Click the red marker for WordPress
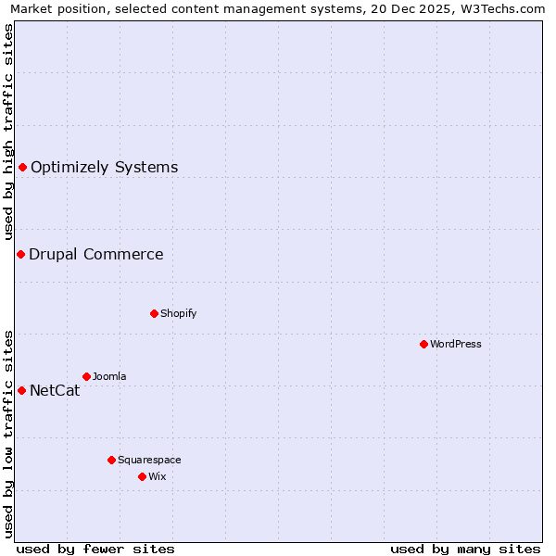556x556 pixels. (423, 344)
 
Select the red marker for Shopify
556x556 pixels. (154, 313)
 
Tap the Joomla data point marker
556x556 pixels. (86, 376)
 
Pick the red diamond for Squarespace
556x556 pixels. (111, 460)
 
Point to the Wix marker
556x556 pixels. (142, 476)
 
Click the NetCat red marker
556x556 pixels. (21, 390)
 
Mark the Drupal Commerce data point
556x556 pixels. (20, 254)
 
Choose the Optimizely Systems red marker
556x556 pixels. (22, 167)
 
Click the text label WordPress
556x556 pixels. (456, 344)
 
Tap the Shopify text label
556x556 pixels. (178, 313)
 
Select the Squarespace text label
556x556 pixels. (149, 460)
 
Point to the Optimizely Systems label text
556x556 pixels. (104, 168)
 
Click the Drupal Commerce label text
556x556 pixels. (95, 255)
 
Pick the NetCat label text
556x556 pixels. (55, 391)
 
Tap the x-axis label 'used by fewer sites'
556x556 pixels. (95, 549)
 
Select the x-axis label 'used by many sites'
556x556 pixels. (465, 549)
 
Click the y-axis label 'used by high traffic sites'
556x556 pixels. (9, 132)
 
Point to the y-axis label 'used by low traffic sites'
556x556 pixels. (9, 433)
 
